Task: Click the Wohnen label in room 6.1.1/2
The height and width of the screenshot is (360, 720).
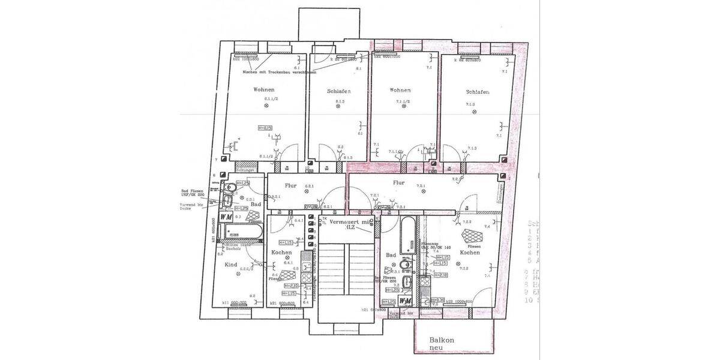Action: tap(264, 89)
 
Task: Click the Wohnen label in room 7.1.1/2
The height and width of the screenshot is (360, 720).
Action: tap(400, 90)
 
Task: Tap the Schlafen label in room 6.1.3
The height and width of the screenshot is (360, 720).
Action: tap(338, 91)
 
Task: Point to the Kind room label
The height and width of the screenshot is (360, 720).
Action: tap(231, 264)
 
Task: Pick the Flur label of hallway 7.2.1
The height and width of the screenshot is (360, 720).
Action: tap(399, 182)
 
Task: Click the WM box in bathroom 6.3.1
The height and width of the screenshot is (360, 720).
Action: tap(227, 215)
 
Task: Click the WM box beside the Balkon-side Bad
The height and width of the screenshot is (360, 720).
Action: tap(405, 301)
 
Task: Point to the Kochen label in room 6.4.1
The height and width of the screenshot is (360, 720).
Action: tap(281, 253)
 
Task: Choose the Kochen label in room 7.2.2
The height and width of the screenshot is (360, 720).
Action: tap(470, 253)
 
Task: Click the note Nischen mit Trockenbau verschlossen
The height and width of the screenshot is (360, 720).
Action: tap(271, 72)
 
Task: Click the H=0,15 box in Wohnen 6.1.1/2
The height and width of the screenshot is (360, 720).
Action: tap(265, 128)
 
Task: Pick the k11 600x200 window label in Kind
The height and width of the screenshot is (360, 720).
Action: tap(234, 303)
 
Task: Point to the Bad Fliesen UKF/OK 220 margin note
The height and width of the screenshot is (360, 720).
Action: tap(195, 193)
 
